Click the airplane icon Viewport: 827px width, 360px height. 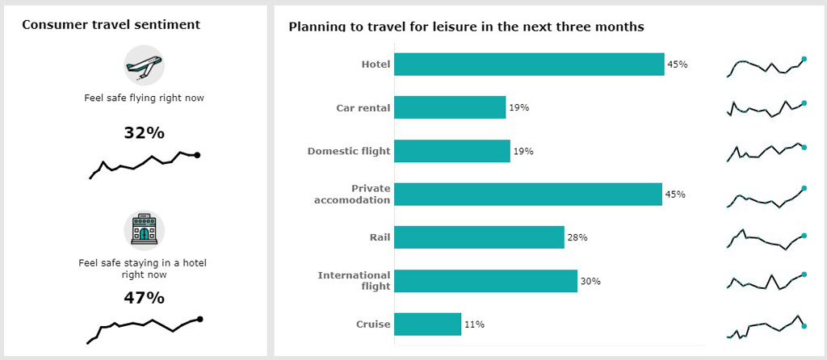point(144,65)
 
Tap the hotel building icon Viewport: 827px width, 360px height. point(144,231)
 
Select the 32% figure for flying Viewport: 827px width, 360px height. point(144,132)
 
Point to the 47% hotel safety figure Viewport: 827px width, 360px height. point(144,298)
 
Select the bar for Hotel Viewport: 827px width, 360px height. point(529,65)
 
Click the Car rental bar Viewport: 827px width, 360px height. point(450,107)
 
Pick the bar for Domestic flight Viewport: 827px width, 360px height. point(452,151)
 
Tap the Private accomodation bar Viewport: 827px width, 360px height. point(528,194)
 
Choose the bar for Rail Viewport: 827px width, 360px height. point(479,237)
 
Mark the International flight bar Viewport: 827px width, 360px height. point(485,281)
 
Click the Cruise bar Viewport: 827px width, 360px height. point(428,324)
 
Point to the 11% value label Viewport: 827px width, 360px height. point(474,324)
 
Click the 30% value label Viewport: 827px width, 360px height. point(590,281)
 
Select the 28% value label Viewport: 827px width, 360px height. point(577,237)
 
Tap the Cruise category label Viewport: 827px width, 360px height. point(373,324)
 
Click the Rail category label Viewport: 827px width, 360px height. point(378,237)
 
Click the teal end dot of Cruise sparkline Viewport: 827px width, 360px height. point(804,326)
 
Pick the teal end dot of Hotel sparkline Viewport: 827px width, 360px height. point(804,59)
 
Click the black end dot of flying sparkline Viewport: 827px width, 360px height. point(197,155)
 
